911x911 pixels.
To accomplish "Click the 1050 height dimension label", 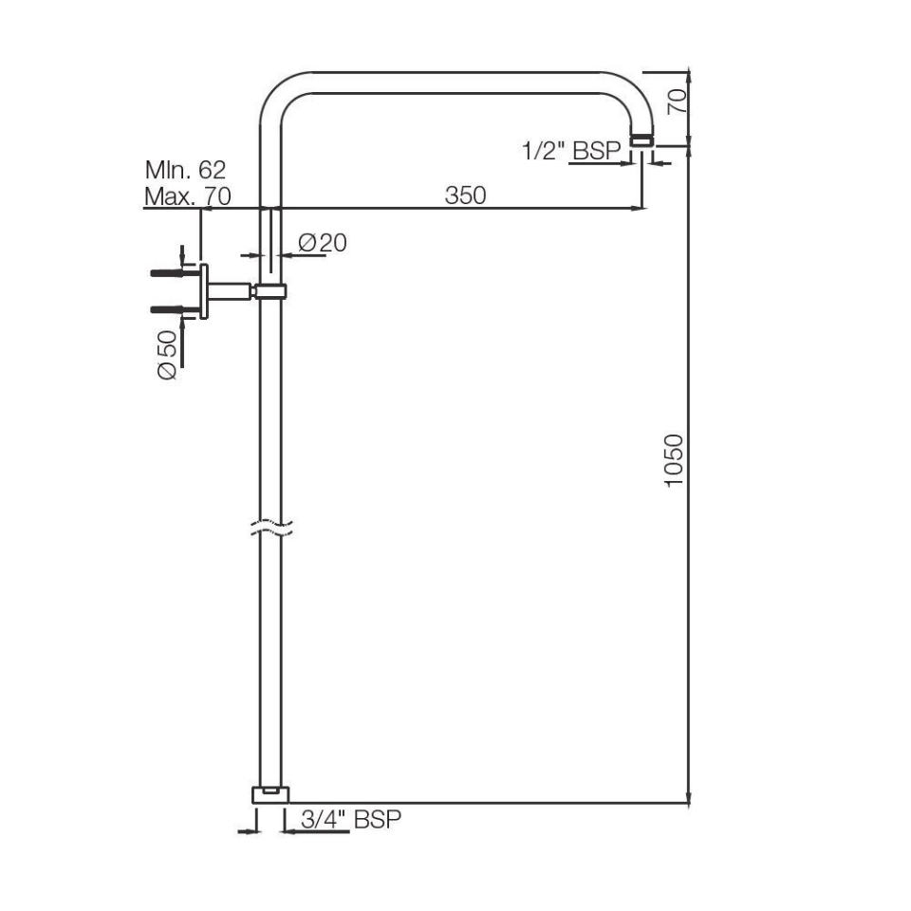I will (x=674, y=460).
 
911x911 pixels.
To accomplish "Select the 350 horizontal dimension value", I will (x=465, y=195).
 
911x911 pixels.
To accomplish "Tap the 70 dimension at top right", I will (x=675, y=102).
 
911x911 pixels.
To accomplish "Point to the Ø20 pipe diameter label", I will (x=323, y=243).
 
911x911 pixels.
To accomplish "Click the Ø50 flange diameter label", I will (x=167, y=356).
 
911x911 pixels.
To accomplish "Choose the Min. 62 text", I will (x=185, y=171).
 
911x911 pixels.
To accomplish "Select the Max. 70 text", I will (x=187, y=197).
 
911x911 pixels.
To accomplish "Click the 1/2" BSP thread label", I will (x=571, y=150).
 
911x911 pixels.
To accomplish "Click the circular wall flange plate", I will (x=203, y=292).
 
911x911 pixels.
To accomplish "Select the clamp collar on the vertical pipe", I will (x=270, y=291).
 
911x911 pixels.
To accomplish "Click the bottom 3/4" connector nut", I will (x=270, y=794).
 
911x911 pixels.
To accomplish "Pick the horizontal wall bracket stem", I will (x=231, y=291).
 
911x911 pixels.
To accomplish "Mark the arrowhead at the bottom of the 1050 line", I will (x=688, y=798).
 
